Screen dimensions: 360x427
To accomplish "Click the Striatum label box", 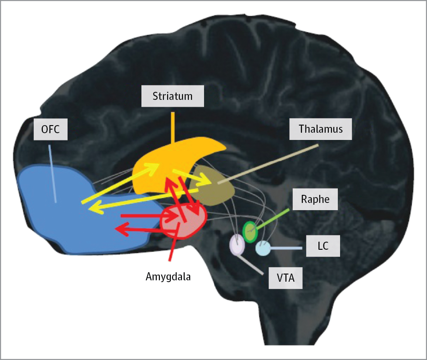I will point(173,96).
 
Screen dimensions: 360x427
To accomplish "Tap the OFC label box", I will point(50,130).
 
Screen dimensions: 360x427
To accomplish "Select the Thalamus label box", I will point(321,129).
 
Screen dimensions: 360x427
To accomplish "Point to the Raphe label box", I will point(315,199).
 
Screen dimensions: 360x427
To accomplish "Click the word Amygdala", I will point(168,276).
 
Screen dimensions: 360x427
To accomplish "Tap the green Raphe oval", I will point(250,232).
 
